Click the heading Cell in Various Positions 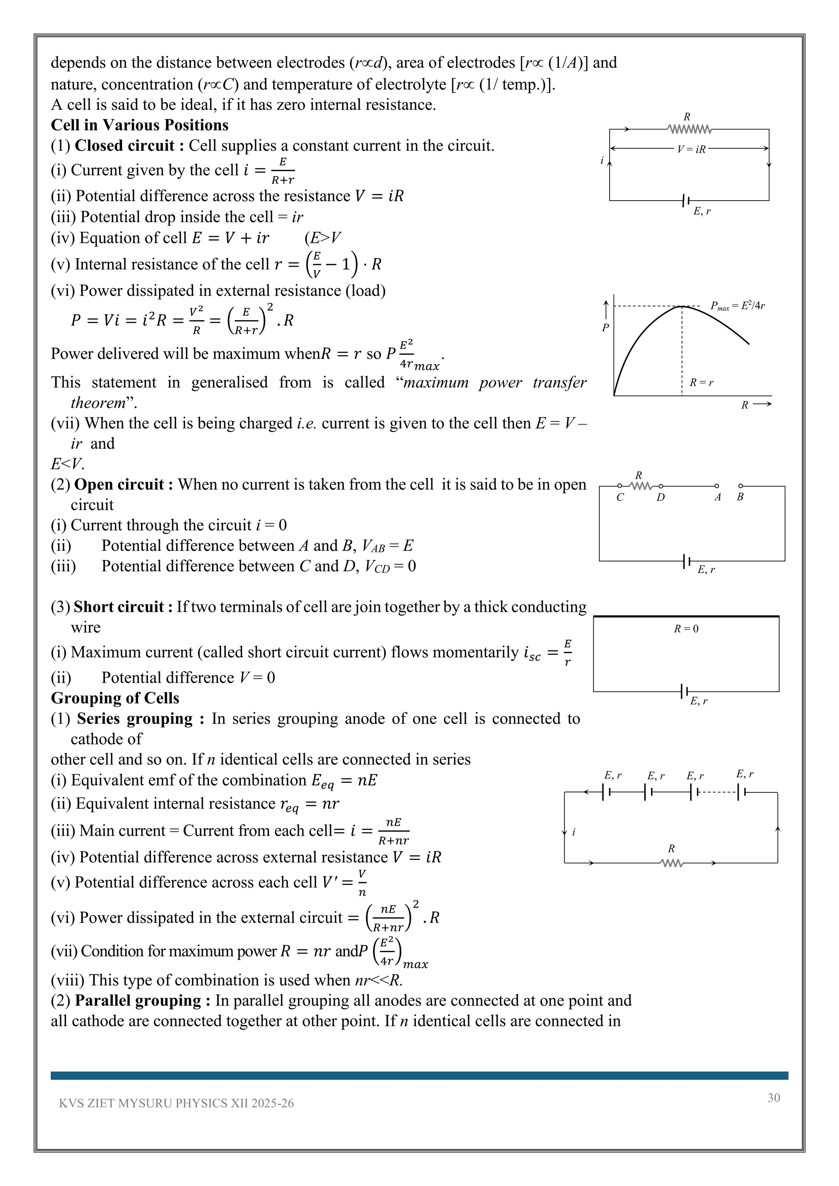pyautogui.click(x=139, y=125)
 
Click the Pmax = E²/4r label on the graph pyautogui.click(x=737, y=306)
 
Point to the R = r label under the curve pyautogui.click(x=701, y=383)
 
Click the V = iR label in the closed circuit pyautogui.click(x=691, y=149)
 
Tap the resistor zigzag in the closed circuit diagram pyautogui.click(x=689, y=129)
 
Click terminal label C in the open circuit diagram pyautogui.click(x=620, y=498)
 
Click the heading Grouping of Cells pyautogui.click(x=115, y=698)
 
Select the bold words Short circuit pyautogui.click(x=119, y=607)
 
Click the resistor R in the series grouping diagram pyautogui.click(x=671, y=863)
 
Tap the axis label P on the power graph pyautogui.click(x=605, y=328)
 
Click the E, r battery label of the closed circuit pyautogui.click(x=702, y=211)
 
